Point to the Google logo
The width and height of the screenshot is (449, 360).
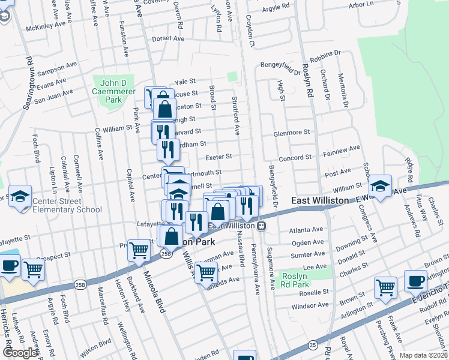click(x=20, y=353)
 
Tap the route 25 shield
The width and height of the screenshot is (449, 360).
click(x=313, y=344)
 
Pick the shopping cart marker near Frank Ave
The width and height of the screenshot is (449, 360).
click(x=385, y=287)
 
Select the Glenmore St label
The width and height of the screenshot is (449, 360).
click(x=291, y=133)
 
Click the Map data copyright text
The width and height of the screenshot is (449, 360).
click(x=423, y=355)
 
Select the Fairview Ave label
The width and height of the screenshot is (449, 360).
click(x=342, y=150)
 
